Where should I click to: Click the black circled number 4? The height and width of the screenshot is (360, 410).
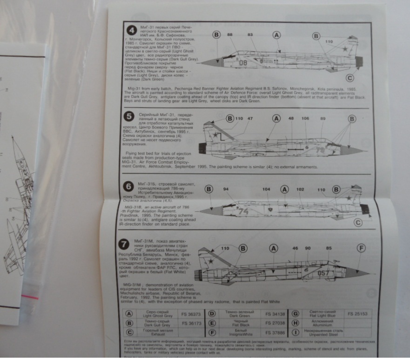coord(132,31)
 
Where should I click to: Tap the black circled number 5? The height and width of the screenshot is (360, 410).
coord(129,117)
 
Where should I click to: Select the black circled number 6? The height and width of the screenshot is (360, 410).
coord(128,187)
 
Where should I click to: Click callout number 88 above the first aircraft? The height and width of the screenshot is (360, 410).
coord(229,34)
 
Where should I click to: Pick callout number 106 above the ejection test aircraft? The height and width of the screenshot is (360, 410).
coord(305,118)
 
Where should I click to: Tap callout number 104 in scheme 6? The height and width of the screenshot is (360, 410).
coord(266,189)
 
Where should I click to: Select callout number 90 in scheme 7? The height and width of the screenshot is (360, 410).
coord(308,249)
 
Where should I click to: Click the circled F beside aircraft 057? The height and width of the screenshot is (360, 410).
coord(361,248)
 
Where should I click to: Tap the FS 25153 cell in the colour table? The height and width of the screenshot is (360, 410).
coord(357,314)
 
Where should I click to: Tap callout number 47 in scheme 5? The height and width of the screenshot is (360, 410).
coord(250,119)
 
